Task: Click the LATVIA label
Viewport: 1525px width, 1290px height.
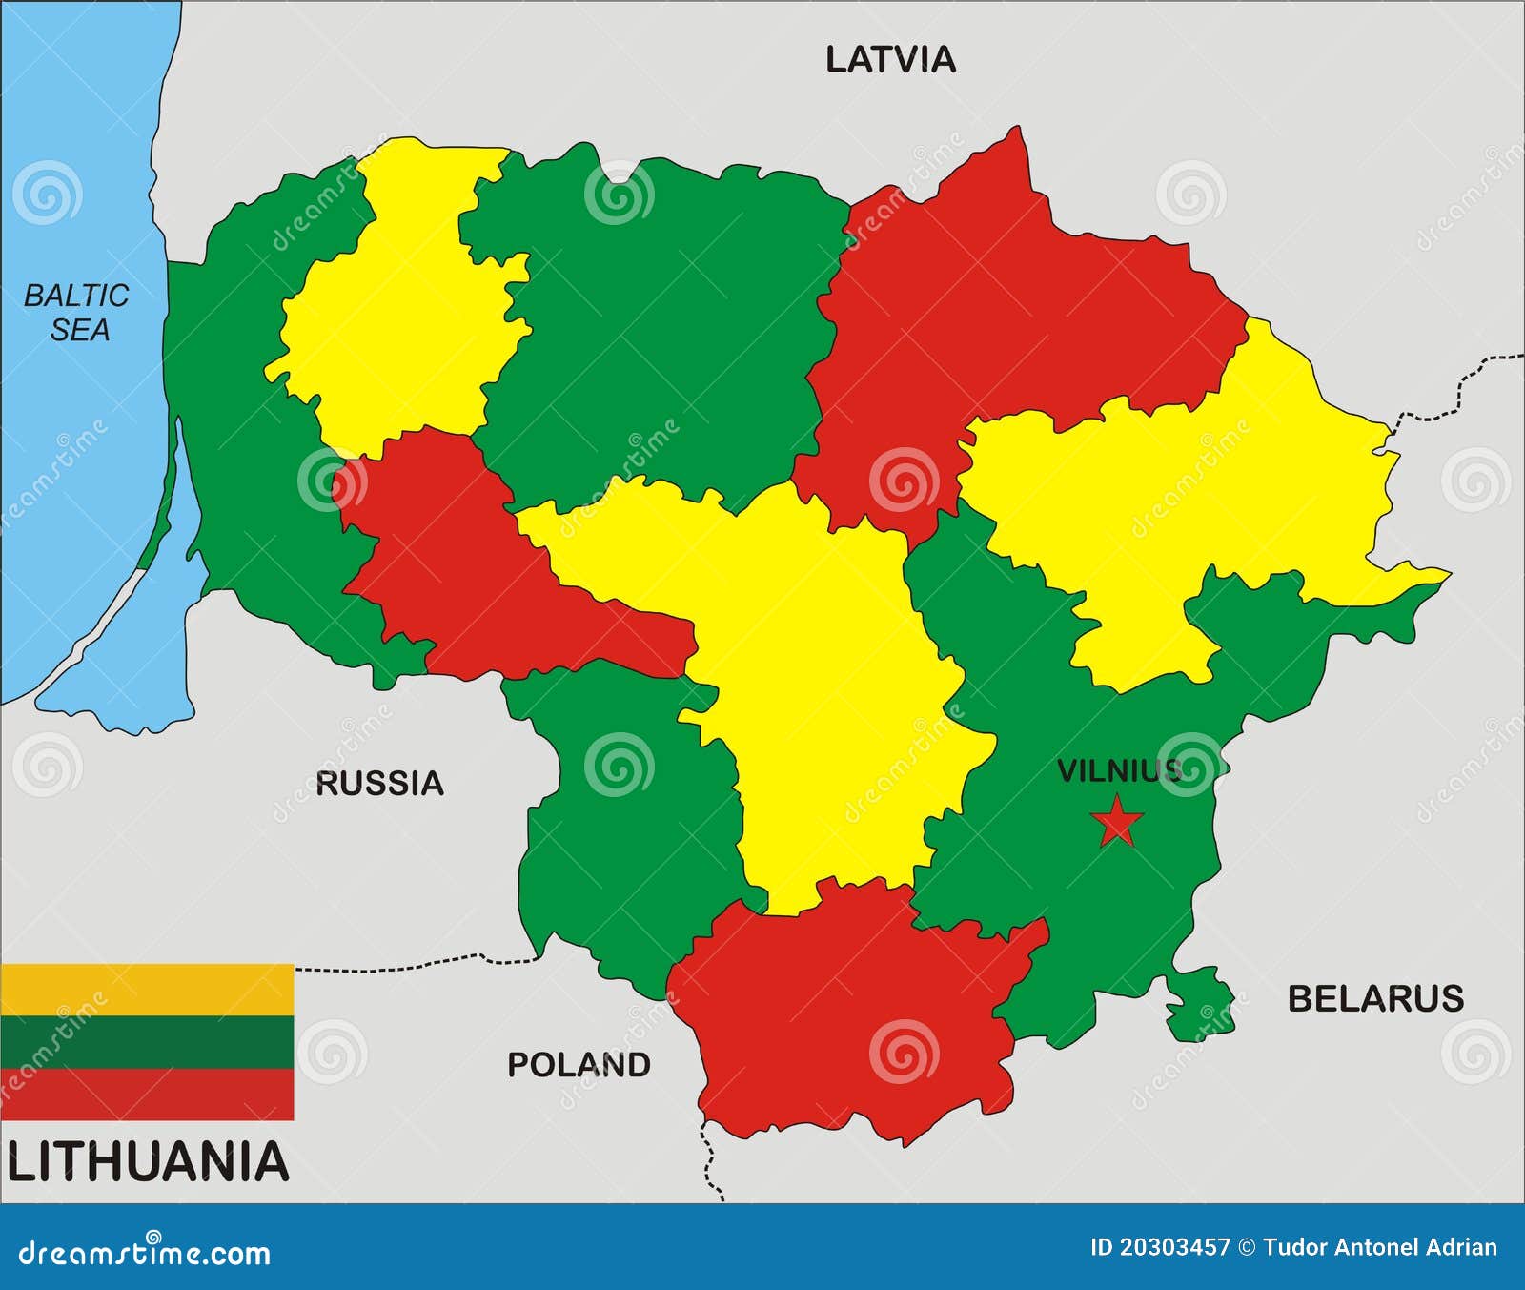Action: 890,60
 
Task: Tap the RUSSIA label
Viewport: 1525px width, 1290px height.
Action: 379,784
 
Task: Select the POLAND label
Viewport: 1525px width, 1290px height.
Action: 579,1064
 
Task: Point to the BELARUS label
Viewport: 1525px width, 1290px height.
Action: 1375,998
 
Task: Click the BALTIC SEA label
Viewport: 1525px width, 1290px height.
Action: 76,313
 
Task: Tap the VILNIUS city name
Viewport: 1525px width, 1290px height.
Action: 1117,770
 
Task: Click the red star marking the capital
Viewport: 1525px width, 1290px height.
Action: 1117,822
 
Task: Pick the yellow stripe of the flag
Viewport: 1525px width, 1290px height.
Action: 147,989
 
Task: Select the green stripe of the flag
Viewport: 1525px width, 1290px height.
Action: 147,1041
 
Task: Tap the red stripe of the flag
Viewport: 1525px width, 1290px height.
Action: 147,1094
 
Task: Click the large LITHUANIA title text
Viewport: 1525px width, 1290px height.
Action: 148,1162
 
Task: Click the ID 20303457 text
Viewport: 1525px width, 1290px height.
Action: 1160,1247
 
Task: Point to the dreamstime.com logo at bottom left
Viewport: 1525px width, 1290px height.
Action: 145,1252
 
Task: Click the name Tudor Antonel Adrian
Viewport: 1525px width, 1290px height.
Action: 1379,1247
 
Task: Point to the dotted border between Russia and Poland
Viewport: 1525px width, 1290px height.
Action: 410,967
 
